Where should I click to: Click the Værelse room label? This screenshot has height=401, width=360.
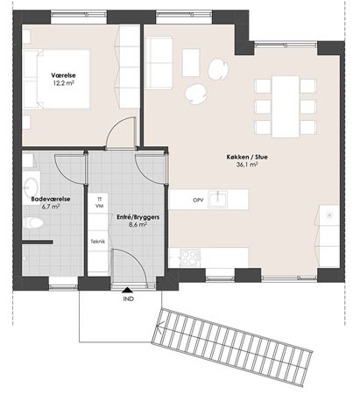pos(63,75)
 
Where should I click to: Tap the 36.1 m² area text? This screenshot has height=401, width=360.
pos(247,165)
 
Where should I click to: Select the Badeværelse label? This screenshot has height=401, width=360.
pos(51,199)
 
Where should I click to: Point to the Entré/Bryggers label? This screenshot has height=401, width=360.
pos(138,217)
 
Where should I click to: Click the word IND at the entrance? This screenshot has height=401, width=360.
pos(129,299)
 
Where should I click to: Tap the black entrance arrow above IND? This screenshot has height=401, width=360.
pos(127,290)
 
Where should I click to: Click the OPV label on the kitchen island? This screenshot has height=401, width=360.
pos(198,200)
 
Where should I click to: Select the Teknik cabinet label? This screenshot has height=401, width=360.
pos(98,242)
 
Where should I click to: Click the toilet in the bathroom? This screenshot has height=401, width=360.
pos(33,223)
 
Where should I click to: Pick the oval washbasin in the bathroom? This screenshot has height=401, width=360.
pos(31,186)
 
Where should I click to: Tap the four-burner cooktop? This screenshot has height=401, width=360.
pos(190,257)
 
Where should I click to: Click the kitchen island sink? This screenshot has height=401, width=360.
pos(218,199)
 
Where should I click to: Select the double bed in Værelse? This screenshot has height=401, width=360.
pos(56,79)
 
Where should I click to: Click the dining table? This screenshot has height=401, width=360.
pos(286,107)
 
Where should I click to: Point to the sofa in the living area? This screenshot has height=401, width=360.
pos(159,62)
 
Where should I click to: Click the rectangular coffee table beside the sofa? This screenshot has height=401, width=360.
pos(191,62)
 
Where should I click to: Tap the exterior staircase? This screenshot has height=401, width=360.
pos(232,347)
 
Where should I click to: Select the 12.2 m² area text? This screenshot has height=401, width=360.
pos(63,82)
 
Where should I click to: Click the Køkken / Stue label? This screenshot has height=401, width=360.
pos(247,157)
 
